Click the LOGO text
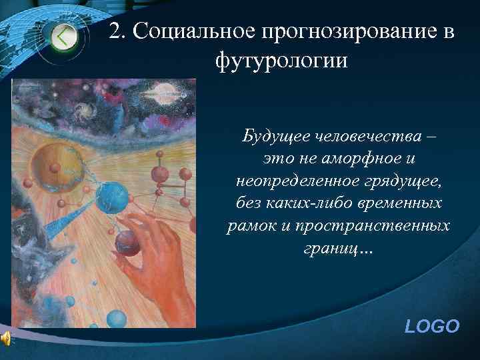pos(432,327)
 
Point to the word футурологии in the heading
pos(281,61)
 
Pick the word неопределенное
pos(291,182)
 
